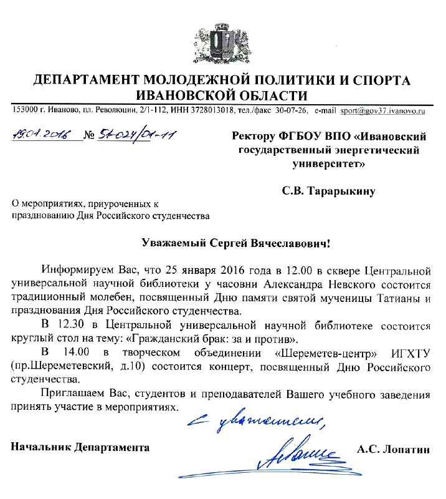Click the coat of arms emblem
click(x=222, y=41)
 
